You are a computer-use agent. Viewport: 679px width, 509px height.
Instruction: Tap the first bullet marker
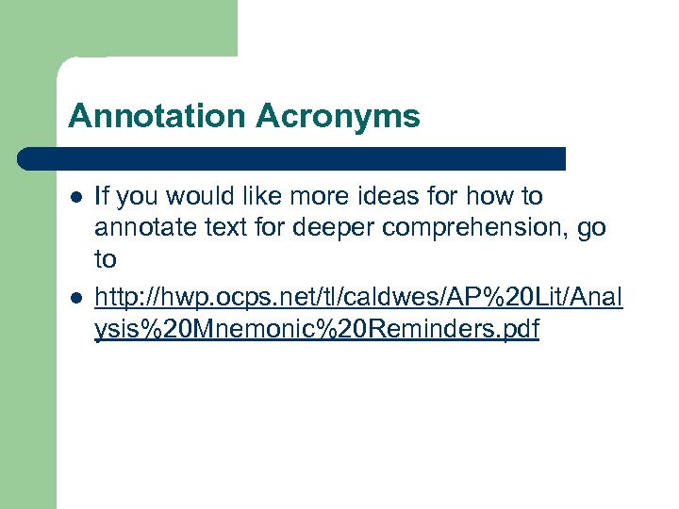[x=75, y=197]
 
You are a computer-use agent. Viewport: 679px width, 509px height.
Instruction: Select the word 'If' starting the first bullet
[x=102, y=196]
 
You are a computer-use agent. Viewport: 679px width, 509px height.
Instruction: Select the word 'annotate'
[x=139, y=228]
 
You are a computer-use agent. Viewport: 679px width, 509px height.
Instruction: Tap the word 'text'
[x=209, y=228]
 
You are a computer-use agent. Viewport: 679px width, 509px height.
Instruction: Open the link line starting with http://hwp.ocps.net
[x=358, y=300]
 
